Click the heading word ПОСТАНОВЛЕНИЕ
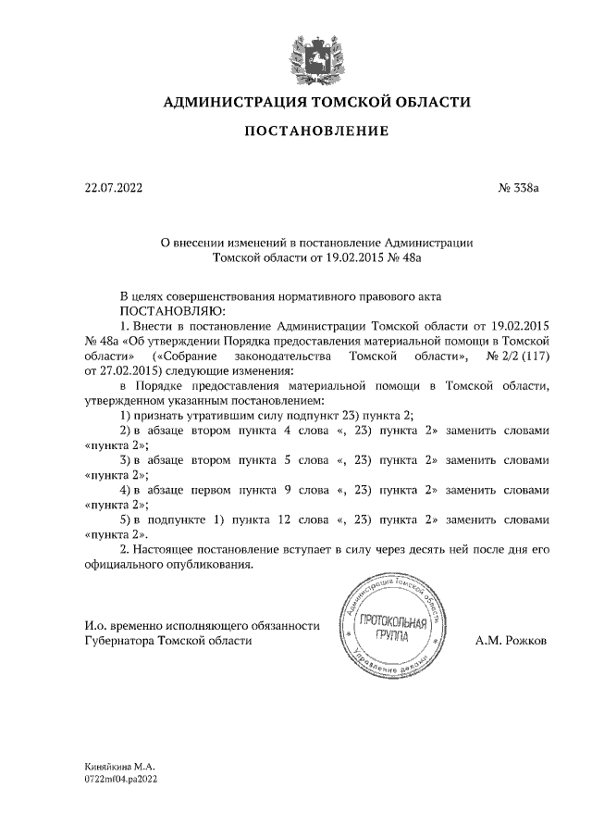tap(315, 131)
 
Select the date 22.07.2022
tap(114, 189)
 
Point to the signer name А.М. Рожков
tap(511, 640)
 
